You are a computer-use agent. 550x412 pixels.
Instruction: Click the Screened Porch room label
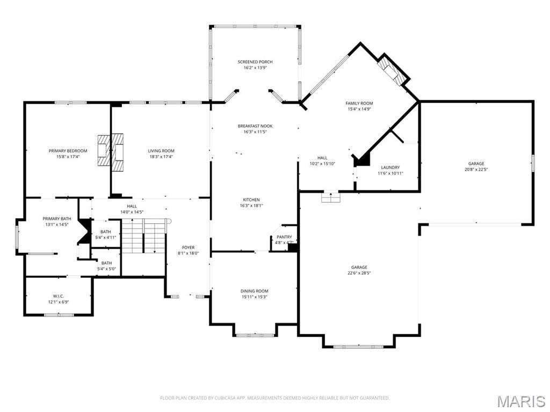tap(255, 62)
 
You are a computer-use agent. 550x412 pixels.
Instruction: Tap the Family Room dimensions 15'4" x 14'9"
tap(359, 109)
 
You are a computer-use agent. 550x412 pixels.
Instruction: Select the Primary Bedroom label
tap(68, 151)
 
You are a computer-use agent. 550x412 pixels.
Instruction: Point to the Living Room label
tap(161, 151)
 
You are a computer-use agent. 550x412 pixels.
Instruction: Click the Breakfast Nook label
tap(255, 126)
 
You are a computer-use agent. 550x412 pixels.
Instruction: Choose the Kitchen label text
tap(250, 200)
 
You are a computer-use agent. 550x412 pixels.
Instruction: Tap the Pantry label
tap(284, 237)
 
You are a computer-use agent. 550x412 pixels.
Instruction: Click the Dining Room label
tap(254, 291)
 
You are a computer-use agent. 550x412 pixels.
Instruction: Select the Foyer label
tap(188, 247)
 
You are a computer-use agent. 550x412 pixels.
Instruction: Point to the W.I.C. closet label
tap(59, 296)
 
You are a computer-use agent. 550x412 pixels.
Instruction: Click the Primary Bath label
tap(57, 218)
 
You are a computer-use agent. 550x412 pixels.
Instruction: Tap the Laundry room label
tap(390, 167)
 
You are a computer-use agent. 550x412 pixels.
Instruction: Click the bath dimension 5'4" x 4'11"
tap(105, 237)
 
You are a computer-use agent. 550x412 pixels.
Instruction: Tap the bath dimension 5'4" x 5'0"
tap(106, 269)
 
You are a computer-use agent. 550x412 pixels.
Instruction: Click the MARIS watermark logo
tap(521, 401)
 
